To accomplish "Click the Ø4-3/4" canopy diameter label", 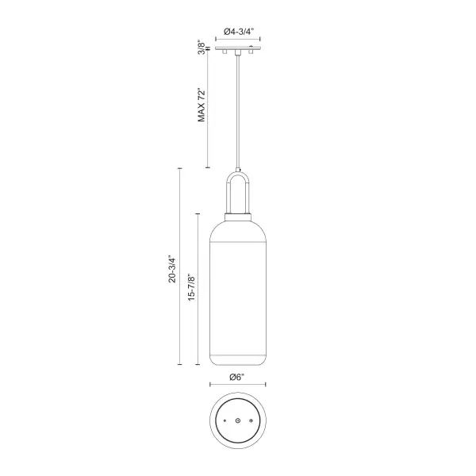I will coord(238,31).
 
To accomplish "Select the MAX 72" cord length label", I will coord(202,102).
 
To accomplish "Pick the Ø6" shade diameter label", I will coord(237,375).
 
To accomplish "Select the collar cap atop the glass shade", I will coord(238,213).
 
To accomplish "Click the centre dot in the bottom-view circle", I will coord(238,420).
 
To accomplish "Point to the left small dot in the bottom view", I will coord(225,418).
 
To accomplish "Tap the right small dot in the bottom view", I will coord(251,418).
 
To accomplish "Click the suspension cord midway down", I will coord(238,111).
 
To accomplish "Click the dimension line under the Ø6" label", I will coord(238,385).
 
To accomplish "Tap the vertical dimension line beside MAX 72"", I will coord(208,111).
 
